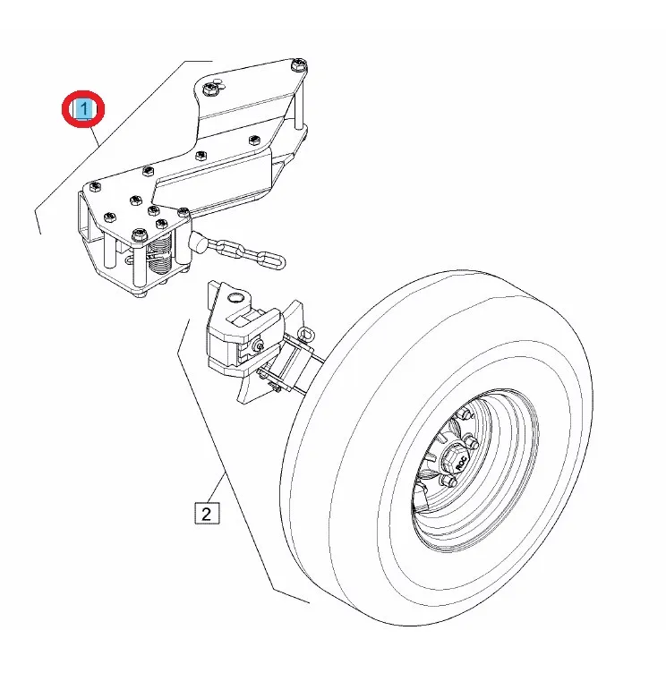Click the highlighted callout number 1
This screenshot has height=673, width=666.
[x=83, y=109]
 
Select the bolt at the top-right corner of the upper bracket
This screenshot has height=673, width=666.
[x=299, y=64]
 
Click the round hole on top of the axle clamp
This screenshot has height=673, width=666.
[x=235, y=296]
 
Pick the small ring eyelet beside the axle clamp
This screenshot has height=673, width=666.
[x=305, y=336]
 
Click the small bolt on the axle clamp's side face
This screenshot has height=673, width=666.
[x=259, y=348]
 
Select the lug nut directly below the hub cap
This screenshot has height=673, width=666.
[x=451, y=483]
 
